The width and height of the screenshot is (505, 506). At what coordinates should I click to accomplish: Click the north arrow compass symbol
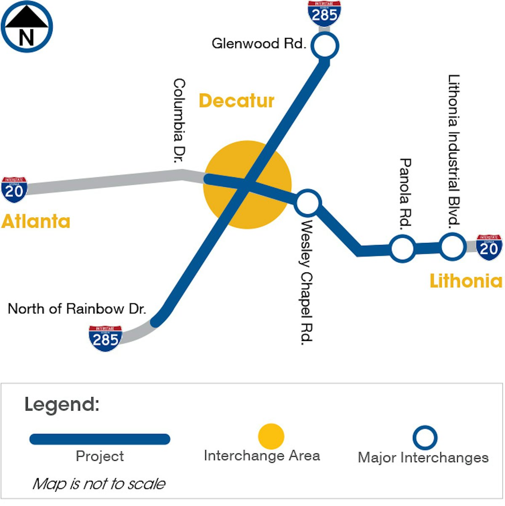tap(27, 27)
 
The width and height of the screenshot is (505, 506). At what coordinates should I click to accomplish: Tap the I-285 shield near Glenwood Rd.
tap(324, 13)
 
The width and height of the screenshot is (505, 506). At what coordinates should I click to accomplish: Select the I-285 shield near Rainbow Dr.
tap(105, 338)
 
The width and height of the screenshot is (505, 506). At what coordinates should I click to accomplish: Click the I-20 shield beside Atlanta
tap(14, 190)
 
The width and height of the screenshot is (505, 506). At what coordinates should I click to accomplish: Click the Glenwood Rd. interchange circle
tap(325, 45)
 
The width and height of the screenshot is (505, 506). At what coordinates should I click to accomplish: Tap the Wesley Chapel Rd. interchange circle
tap(308, 203)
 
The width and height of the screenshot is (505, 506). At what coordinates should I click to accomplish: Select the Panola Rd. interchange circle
tap(402, 248)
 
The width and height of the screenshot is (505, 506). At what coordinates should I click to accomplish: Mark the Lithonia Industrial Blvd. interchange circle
tap(452, 246)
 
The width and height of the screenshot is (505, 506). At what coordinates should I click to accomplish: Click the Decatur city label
tap(237, 101)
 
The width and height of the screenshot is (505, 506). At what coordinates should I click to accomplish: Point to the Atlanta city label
tap(36, 221)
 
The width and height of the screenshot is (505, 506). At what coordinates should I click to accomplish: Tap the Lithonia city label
tap(466, 281)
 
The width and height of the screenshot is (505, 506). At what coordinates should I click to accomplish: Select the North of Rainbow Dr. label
tap(77, 309)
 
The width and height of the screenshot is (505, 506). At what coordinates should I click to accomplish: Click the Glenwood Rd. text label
tap(259, 43)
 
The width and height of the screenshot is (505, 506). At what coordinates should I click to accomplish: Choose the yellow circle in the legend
tap(271, 437)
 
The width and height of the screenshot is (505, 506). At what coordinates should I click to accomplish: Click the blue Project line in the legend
tap(100, 439)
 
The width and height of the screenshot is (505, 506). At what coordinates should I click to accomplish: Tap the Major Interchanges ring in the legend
tap(425, 438)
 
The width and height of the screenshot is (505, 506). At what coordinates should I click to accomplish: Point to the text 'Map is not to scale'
tap(99, 484)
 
